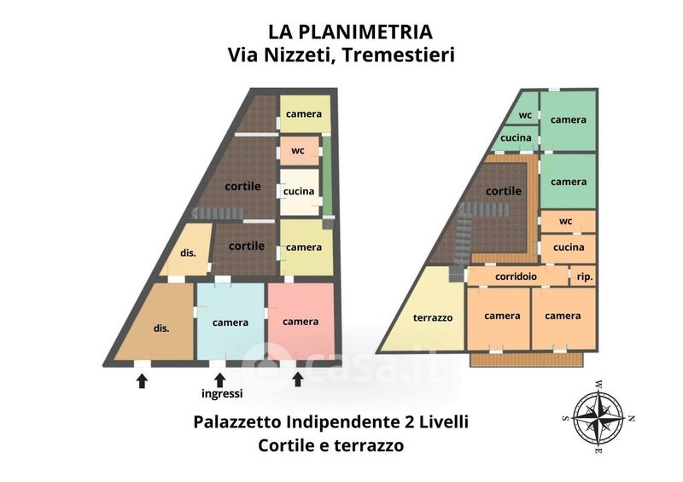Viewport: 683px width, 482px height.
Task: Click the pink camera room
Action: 301,322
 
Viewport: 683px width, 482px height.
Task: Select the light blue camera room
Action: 231,322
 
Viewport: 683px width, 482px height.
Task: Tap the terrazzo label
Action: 433,318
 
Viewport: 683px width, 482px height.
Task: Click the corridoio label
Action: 516,276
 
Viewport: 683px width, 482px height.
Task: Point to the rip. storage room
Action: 583,276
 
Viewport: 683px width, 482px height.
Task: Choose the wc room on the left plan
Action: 299,151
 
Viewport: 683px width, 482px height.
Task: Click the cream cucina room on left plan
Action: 300,192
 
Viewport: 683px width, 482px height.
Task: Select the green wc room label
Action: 525,115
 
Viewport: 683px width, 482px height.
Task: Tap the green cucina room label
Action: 516,137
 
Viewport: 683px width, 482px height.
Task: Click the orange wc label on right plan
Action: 565,221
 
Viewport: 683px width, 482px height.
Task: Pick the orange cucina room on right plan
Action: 568,248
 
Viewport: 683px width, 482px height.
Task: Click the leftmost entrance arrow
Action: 142,381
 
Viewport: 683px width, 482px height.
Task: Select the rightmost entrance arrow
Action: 297,380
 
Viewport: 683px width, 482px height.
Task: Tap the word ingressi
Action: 222,393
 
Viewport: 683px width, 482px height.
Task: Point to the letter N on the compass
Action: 632,418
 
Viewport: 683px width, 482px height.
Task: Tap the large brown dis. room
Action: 155,322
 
